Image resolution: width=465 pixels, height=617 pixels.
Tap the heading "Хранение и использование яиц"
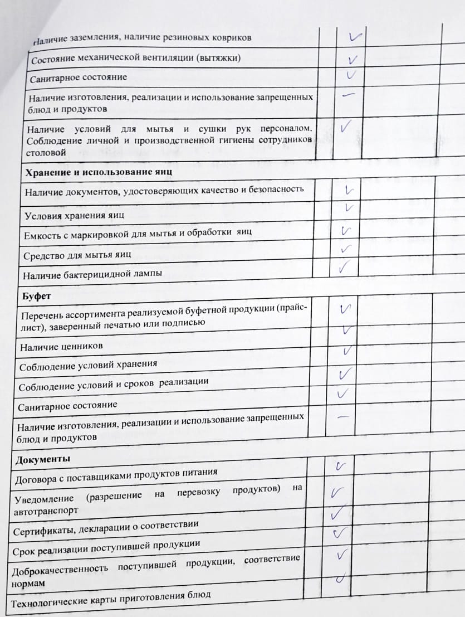[98, 172]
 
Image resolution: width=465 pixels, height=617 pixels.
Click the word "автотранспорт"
[43, 511]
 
